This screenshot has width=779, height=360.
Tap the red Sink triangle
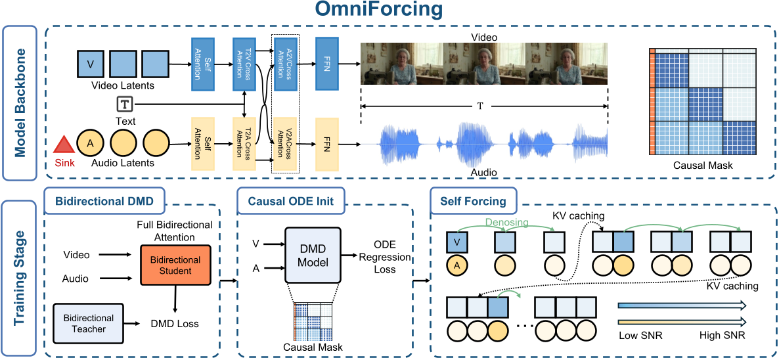(63, 146)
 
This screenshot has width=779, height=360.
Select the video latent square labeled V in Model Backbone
(90, 64)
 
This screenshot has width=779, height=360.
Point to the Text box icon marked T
(125, 104)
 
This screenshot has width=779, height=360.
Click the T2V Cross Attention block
(244, 64)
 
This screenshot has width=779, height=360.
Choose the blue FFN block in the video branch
(326, 64)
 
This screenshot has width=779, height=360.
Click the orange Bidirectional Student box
(175, 265)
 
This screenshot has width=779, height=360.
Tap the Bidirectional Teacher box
(89, 323)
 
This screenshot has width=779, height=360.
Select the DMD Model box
(312, 256)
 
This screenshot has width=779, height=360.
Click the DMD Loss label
(174, 323)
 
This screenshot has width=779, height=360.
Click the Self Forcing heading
(474, 200)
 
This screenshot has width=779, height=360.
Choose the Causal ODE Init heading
(291, 200)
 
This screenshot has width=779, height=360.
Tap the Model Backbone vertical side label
(19, 102)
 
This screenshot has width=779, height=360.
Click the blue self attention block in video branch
(202, 64)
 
